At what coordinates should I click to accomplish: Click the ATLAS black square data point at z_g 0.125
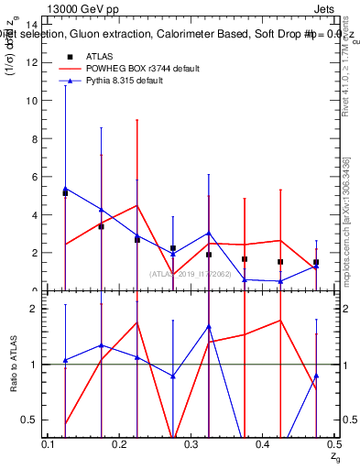tap(65, 193)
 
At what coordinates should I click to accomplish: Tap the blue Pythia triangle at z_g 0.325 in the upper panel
tap(209, 234)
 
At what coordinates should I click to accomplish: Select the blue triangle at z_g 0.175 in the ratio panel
tap(101, 345)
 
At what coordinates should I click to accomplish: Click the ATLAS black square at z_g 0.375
tap(245, 259)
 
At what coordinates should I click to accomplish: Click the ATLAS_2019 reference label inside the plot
tap(191, 273)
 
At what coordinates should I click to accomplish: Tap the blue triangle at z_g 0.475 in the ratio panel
tap(316, 376)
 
